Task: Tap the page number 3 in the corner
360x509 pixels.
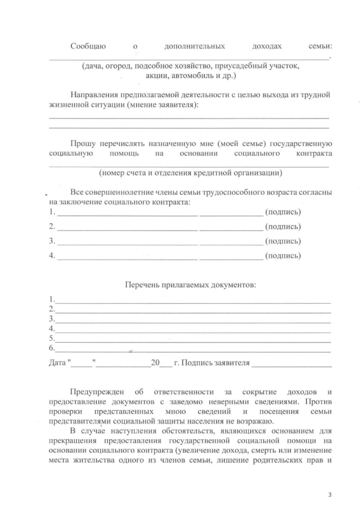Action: point(330,495)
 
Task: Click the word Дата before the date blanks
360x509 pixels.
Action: point(57,363)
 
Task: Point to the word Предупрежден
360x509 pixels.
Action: point(98,391)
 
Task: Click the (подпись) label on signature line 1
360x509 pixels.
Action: point(282,212)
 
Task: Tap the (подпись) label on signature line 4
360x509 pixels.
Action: point(282,256)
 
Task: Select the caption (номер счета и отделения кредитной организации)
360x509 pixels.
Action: point(190,173)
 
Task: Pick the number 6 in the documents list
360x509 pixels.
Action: point(51,349)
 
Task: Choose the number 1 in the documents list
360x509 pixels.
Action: point(51,299)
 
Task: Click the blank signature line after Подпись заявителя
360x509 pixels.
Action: point(291,364)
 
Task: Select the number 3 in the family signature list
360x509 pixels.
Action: point(52,241)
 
